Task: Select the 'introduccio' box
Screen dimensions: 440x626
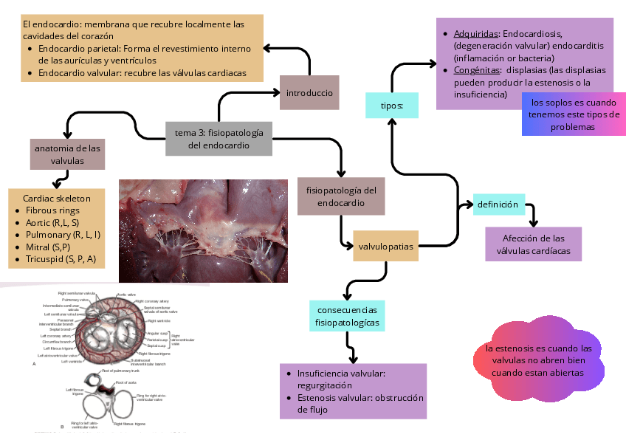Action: click(309, 93)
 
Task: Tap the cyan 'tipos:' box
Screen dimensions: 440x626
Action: click(392, 106)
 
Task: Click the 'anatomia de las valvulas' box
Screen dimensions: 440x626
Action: click(67, 154)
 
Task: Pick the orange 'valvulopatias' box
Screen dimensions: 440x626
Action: click(385, 246)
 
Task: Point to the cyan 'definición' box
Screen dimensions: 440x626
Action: click(498, 204)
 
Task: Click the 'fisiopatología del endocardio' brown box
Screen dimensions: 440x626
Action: click(341, 196)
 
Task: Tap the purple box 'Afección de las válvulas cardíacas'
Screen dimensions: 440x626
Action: click(533, 244)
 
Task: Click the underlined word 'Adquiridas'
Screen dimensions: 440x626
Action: click(476, 34)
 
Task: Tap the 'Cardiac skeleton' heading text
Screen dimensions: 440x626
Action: click(57, 198)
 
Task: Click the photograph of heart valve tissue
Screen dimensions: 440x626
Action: click(203, 230)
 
